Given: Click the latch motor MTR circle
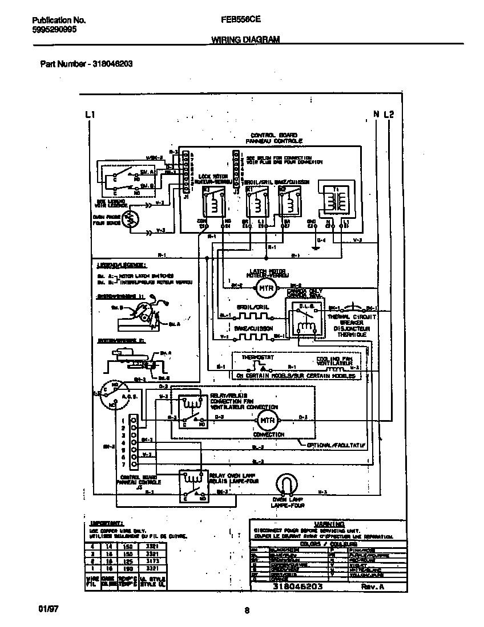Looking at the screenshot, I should click(264, 288).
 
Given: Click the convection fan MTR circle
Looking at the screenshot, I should click(264, 421).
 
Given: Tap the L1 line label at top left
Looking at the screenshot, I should click(89, 115).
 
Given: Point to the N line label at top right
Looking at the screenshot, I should click(376, 115).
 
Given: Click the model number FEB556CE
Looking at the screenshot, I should click(241, 19).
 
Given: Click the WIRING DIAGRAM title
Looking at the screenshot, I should click(245, 39).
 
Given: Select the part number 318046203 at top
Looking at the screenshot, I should click(111, 64).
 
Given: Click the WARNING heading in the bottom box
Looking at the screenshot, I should click(329, 523).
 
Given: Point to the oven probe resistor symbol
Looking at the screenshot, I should click(131, 218).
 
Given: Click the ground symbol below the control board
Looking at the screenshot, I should click(314, 247).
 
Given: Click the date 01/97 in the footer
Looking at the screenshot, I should click(50, 609).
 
